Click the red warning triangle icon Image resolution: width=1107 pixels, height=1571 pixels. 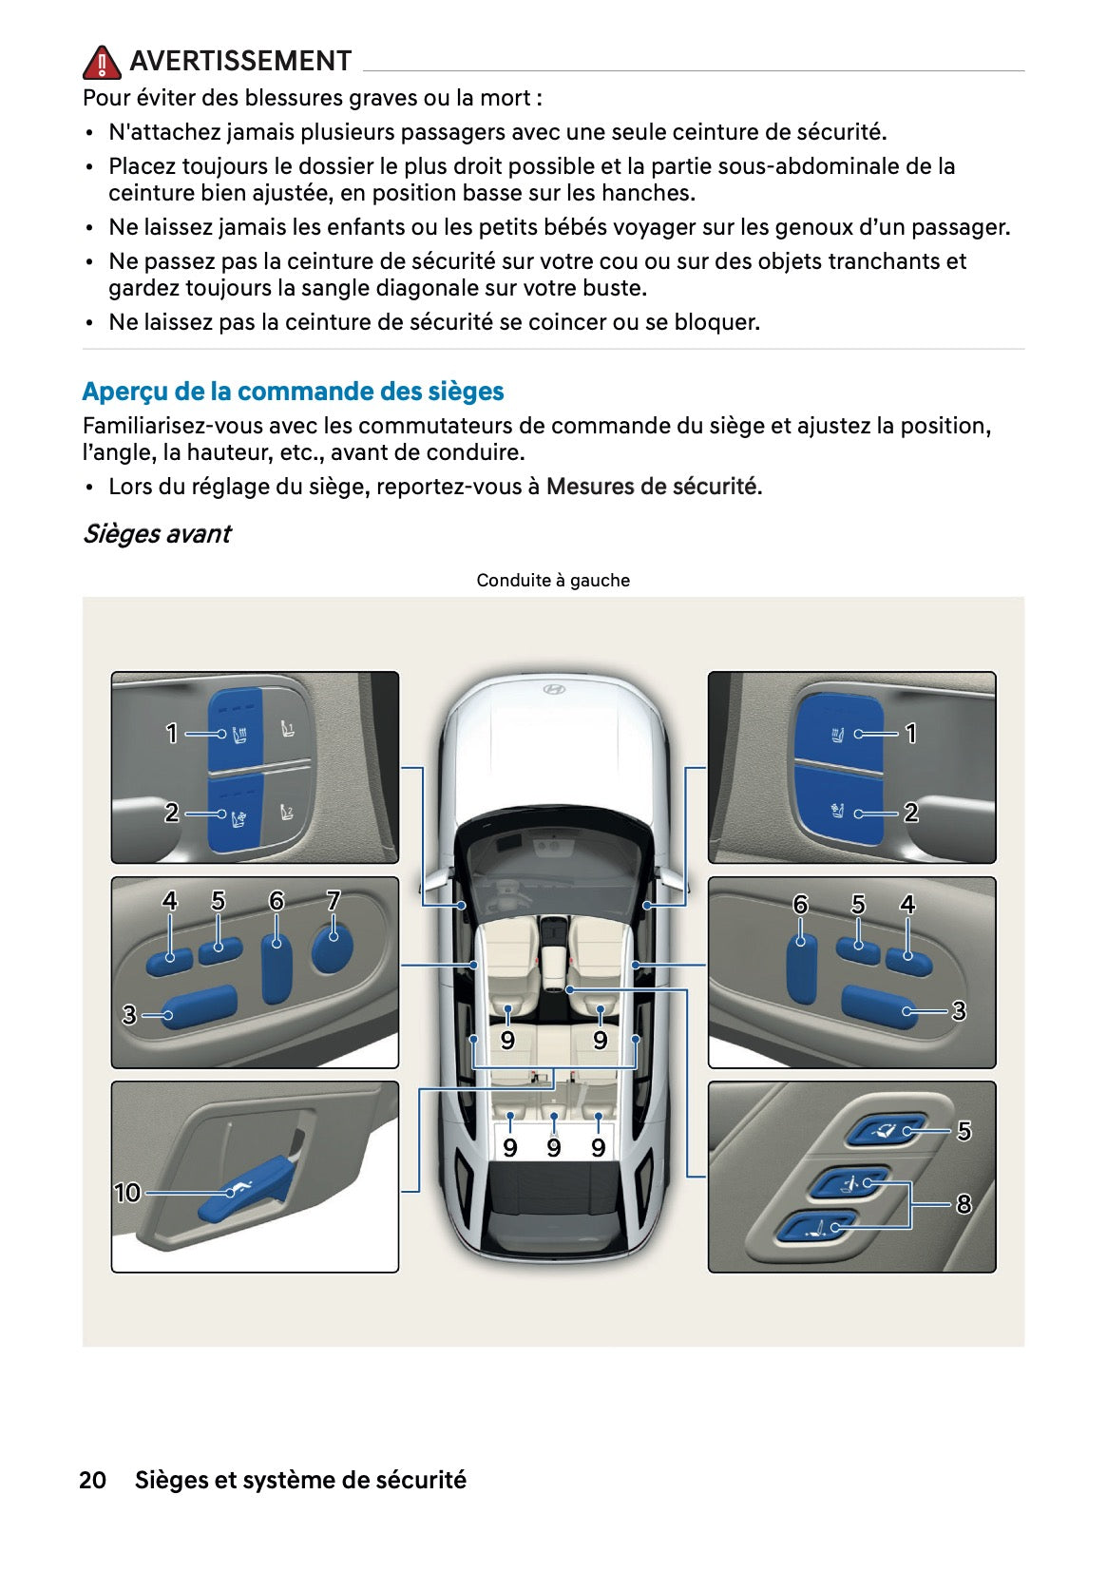point(101,63)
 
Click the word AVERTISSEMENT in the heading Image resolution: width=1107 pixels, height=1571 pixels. point(240,61)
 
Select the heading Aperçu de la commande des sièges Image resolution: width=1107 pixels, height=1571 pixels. point(293,392)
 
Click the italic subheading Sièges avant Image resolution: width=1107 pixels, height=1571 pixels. point(157,534)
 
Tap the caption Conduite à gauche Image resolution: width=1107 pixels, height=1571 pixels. point(553,581)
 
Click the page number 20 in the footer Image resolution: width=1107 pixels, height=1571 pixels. point(92,1480)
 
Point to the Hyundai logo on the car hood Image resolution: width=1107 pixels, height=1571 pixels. point(553,689)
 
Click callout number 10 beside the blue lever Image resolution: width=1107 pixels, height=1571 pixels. point(126,1192)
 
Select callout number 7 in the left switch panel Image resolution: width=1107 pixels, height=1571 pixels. point(333,900)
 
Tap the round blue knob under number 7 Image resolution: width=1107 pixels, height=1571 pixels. point(332,948)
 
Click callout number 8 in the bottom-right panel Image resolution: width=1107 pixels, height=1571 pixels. point(964,1204)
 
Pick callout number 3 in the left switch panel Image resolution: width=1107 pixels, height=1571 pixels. point(129,1015)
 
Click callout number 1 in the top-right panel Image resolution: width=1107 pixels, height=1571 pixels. point(910,734)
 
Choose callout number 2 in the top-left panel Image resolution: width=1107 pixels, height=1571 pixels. point(171,813)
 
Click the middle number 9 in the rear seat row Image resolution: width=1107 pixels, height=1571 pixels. point(553,1148)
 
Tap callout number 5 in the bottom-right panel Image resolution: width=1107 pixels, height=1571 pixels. point(964,1131)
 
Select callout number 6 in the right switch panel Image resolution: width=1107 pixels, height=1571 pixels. point(800,905)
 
